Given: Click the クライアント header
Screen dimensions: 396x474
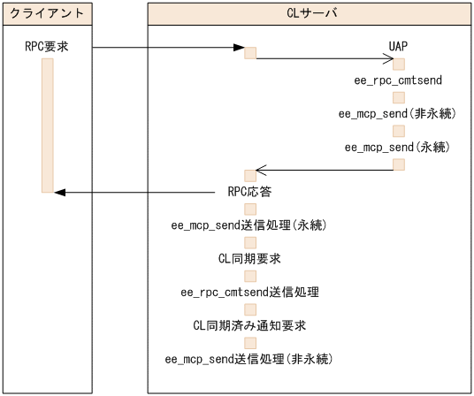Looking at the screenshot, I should click(x=47, y=14).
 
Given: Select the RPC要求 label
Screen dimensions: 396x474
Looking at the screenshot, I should click(x=47, y=47).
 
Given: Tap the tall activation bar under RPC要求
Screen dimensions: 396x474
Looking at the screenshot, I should click(x=47, y=124).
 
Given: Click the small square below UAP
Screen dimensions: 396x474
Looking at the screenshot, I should click(x=399, y=64).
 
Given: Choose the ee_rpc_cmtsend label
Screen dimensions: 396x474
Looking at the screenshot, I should click(x=398, y=80).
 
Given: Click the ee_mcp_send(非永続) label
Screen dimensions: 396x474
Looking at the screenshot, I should click(x=398, y=113).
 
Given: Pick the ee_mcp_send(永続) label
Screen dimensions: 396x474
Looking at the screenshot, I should click(x=398, y=146).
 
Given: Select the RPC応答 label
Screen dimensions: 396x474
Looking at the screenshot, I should click(x=250, y=192).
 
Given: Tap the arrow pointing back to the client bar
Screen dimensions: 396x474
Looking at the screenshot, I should click(x=133, y=192).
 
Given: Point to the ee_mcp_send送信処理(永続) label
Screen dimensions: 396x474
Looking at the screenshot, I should click(x=249, y=225).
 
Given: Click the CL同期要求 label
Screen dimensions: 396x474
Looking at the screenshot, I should click(x=250, y=258).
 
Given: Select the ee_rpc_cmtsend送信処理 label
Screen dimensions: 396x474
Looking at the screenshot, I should click(x=249, y=292).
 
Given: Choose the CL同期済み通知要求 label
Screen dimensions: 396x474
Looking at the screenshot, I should click(x=250, y=324).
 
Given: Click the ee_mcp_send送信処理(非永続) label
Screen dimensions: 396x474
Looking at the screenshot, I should click(x=249, y=358).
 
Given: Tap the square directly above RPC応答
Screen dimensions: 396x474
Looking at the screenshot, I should click(x=250, y=175).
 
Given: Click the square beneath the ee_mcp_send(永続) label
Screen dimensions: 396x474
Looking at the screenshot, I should click(x=399, y=164).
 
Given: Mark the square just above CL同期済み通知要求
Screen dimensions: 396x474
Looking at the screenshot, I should click(x=250, y=308).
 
